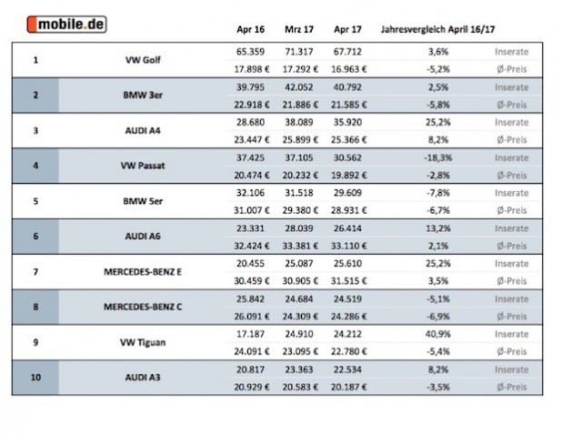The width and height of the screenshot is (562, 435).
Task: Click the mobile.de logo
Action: pos(66,25)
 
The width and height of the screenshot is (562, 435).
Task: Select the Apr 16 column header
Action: pos(250,29)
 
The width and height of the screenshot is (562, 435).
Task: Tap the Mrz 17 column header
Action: pos(299,29)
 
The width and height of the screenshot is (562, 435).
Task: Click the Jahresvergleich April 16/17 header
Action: pos(437,29)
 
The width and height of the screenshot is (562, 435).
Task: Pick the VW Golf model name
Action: pos(143,60)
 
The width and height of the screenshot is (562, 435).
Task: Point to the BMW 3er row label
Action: pos(143,95)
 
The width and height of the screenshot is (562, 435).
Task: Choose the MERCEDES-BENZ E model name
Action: pos(143,272)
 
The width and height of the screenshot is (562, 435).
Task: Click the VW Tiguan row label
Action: pos(143,342)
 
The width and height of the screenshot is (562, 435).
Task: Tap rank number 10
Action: pos(35,378)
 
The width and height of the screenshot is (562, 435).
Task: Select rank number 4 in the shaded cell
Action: pos(35,166)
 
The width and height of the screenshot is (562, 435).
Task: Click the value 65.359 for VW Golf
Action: pos(250,52)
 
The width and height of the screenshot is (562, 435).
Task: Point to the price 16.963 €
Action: pos(348,69)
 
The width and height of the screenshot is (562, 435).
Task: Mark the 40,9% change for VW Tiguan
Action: pos(437,334)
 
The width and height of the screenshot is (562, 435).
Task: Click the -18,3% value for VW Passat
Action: pos(437,157)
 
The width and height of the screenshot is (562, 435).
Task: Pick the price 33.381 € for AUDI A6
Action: pos(300,246)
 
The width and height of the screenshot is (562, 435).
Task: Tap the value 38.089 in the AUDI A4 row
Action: pos(299,122)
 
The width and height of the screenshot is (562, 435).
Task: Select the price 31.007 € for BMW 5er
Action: pos(252,210)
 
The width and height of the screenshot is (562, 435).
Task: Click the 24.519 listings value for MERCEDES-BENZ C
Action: pos(347,299)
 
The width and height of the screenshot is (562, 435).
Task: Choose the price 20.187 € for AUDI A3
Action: pos(348,388)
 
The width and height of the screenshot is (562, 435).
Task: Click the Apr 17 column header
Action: pos(347,29)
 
